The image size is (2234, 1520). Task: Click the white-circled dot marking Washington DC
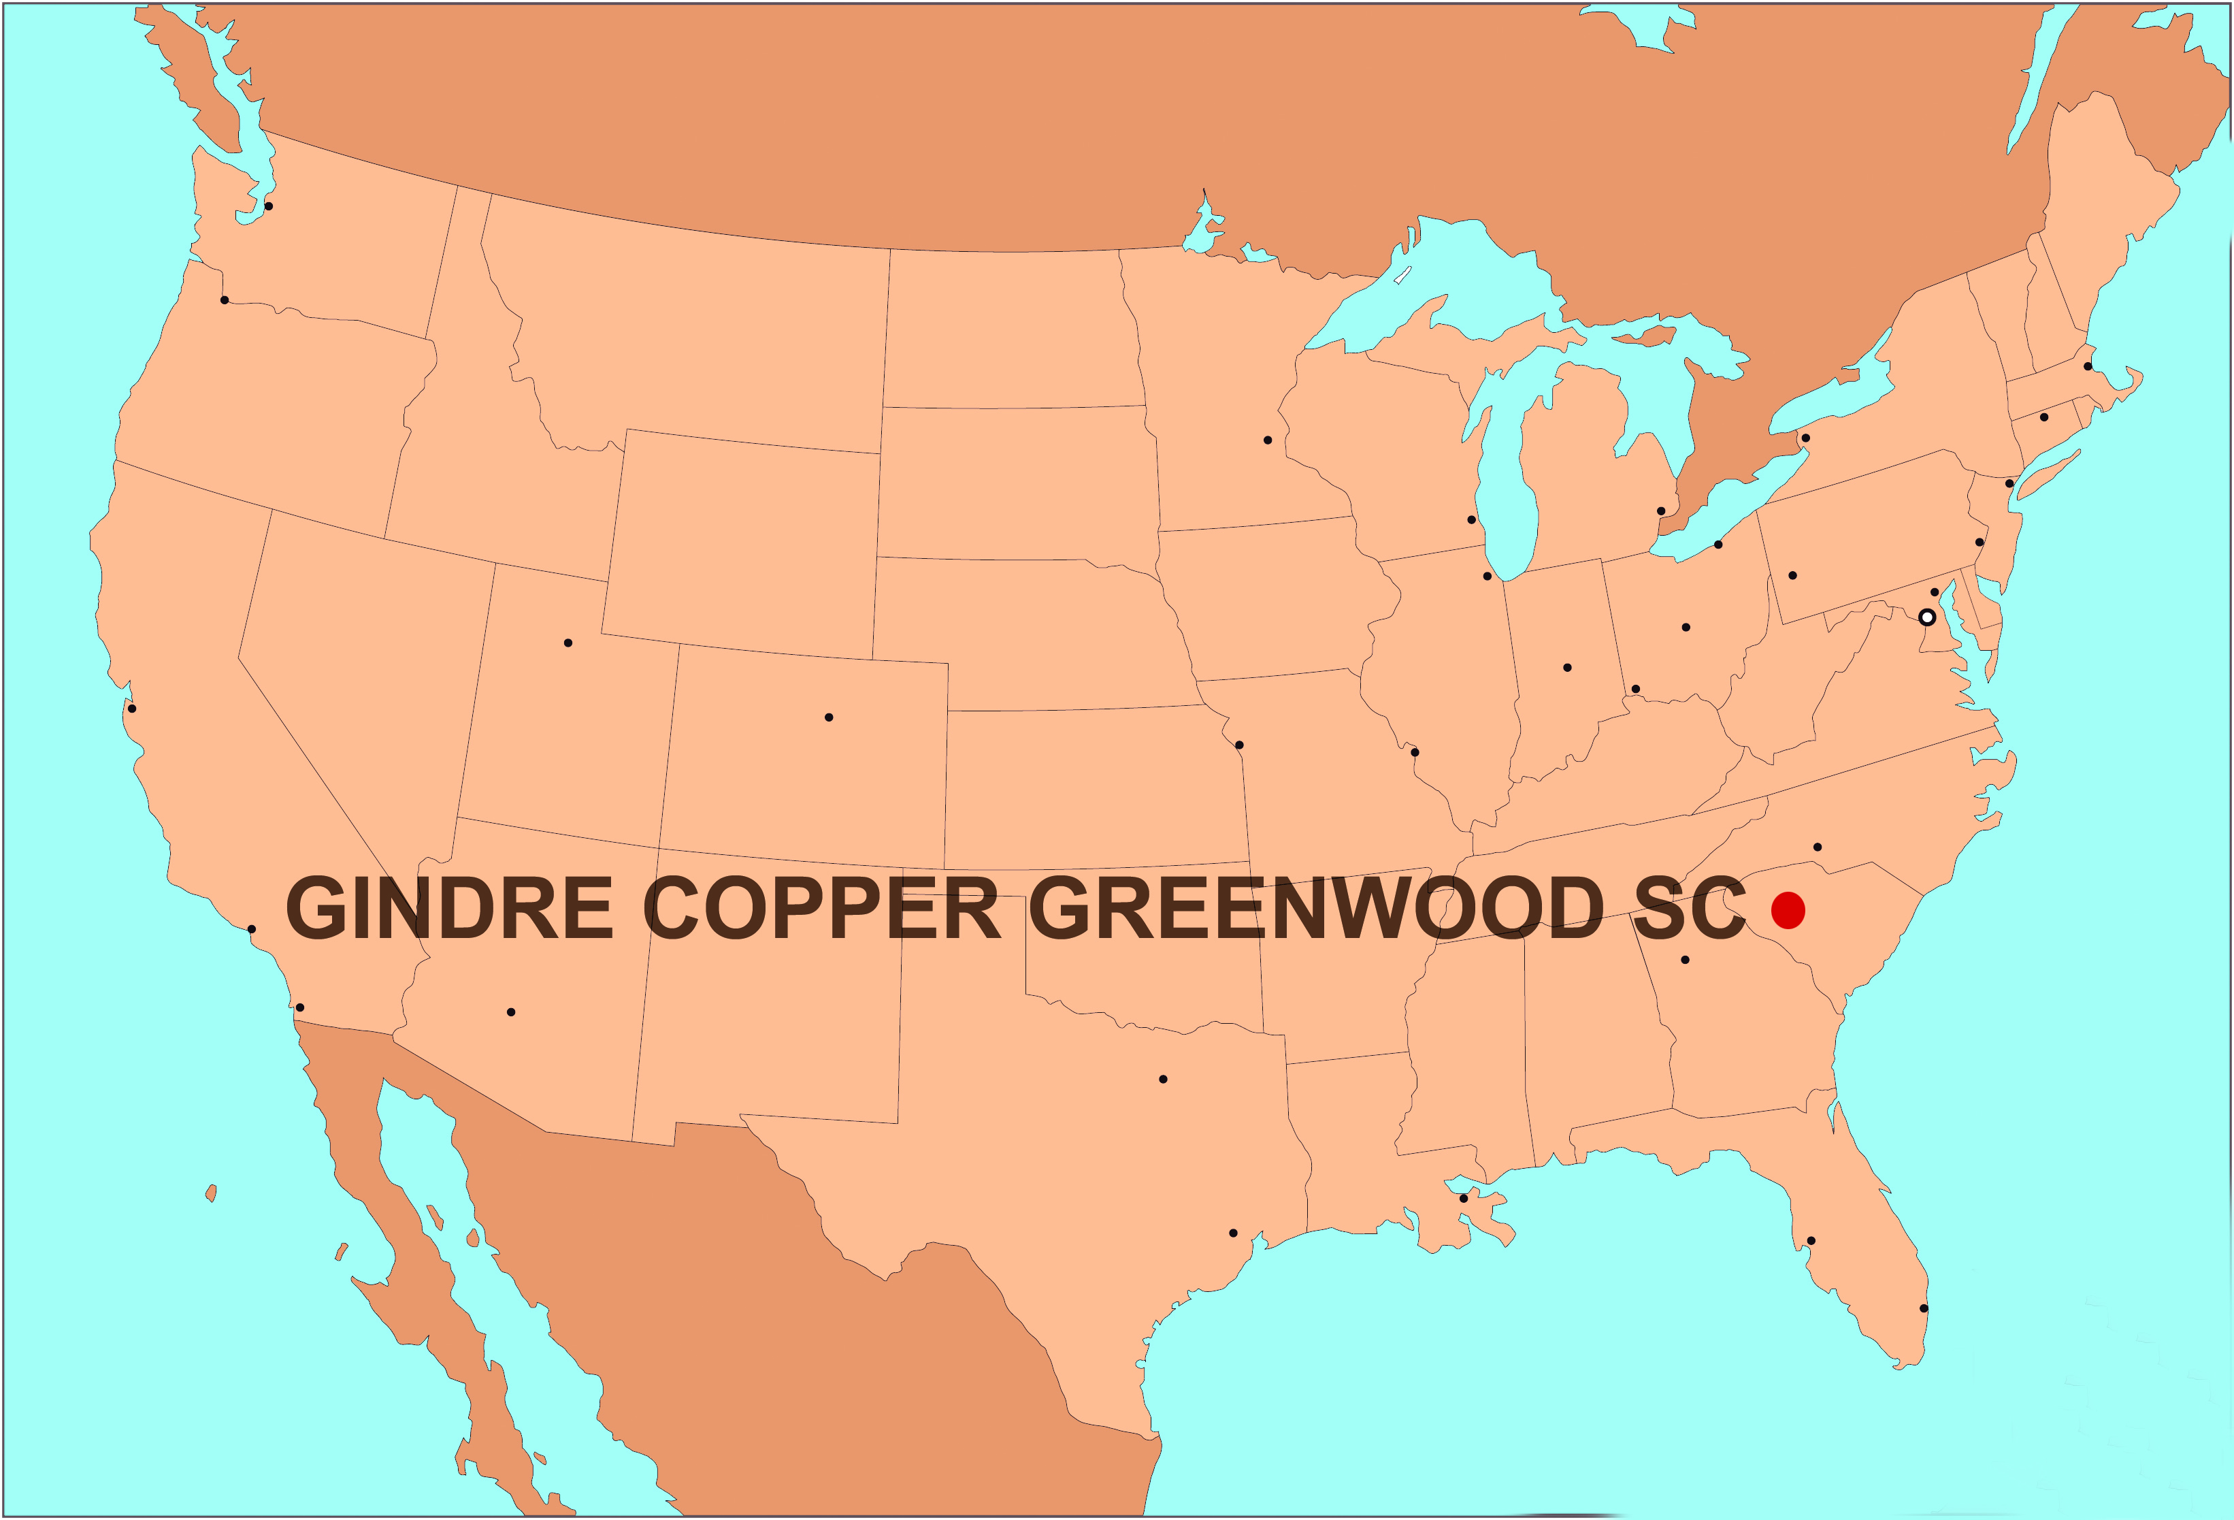(1926, 617)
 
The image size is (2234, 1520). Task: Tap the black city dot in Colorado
(829, 717)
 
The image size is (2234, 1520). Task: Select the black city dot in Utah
(568, 642)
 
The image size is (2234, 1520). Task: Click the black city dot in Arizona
(510, 1012)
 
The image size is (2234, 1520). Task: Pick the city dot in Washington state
(268, 206)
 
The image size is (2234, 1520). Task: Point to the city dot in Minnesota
(1267, 439)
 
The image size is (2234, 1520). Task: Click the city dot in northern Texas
(1162, 1079)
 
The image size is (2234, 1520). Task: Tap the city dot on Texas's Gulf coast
(1232, 1233)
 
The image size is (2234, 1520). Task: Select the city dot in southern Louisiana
(1463, 1198)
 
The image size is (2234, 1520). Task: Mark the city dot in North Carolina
(1817, 847)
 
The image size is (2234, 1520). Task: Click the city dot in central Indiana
(1567, 667)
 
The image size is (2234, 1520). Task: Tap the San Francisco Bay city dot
(132, 709)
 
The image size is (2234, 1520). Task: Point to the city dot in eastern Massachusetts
(2087, 366)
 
